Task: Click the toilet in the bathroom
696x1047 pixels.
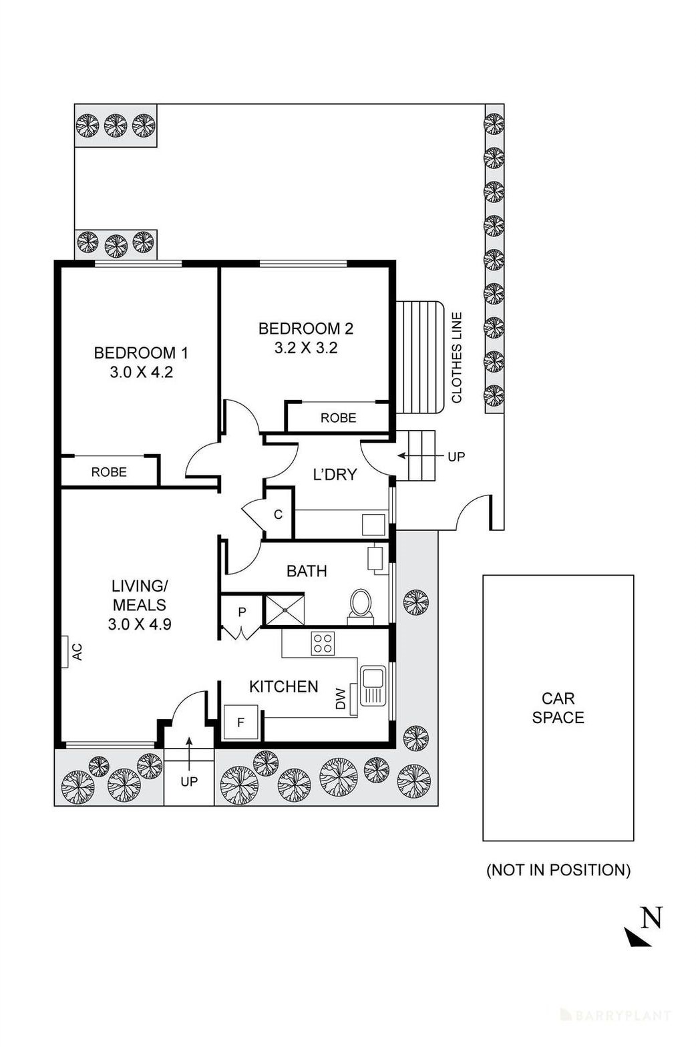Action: [361, 604]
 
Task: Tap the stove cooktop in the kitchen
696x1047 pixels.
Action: [323, 643]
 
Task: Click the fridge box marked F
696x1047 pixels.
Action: [240, 722]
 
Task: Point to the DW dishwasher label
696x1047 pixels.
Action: [341, 699]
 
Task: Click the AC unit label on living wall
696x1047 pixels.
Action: [77, 651]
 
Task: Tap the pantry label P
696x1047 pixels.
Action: [242, 612]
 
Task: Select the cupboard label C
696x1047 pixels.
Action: [278, 514]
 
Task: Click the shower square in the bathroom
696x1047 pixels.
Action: [285, 610]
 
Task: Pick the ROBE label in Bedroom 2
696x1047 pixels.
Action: [338, 418]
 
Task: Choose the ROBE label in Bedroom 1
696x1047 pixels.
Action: [109, 472]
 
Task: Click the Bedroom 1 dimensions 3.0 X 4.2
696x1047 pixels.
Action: [142, 373]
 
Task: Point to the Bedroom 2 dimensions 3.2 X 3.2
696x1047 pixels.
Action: [306, 348]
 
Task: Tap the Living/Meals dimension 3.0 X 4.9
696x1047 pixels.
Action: [140, 624]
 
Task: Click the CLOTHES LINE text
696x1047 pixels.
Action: [457, 357]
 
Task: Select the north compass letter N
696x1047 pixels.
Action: [651, 918]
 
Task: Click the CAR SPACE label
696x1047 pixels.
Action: [558, 708]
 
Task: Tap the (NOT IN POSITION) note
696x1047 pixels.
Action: [558, 870]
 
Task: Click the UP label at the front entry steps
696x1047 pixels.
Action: [189, 781]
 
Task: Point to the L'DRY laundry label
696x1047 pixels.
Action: [335, 475]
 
